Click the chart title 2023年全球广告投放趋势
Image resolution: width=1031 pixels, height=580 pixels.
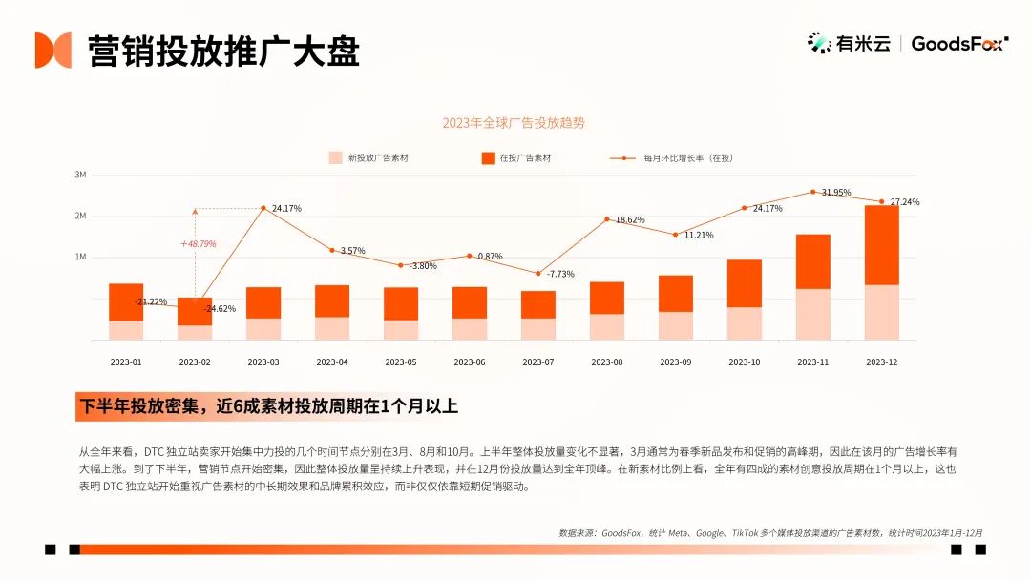[x=514, y=123]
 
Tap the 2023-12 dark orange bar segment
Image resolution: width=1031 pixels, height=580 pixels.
[x=882, y=245]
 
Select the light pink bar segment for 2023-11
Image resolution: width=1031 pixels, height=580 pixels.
[x=812, y=314]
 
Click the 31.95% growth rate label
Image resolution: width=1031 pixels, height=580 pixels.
[x=836, y=193]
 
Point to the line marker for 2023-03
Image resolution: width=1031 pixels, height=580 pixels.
[x=263, y=208]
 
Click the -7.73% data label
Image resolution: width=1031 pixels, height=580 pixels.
[x=561, y=274]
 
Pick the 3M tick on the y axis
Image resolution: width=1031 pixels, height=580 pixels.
[x=80, y=175]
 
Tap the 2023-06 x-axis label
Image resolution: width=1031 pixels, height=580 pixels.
[x=470, y=362]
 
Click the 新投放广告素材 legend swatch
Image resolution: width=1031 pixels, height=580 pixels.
[x=335, y=157]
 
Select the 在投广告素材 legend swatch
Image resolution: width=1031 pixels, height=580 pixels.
[x=488, y=157]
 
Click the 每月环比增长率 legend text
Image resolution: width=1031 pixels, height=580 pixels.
[x=688, y=158]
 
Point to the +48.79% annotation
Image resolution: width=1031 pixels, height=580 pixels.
[x=198, y=243]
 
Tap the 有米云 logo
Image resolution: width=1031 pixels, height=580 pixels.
[x=849, y=43]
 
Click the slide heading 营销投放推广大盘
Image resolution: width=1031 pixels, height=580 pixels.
[x=223, y=52]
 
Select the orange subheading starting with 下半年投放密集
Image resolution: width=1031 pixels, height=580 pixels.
[x=268, y=406]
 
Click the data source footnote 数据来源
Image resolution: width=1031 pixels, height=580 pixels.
[x=770, y=533]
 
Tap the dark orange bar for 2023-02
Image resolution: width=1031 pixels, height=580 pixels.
[x=195, y=311]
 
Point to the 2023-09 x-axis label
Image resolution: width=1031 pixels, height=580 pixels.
[x=675, y=362]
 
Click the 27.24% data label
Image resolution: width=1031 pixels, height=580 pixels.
[x=905, y=202]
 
